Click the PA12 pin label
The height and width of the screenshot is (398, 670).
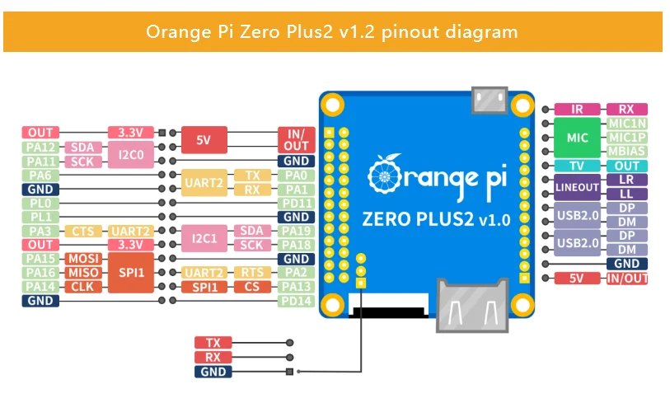(40, 147)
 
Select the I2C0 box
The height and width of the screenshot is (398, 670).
(130, 154)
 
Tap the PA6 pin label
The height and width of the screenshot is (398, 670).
(40, 175)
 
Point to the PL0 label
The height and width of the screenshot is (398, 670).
(40, 203)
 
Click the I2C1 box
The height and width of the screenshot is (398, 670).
(204, 238)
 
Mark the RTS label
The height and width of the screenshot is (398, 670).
(252, 273)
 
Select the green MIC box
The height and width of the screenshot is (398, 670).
(577, 138)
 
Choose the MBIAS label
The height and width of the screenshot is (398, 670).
(627, 152)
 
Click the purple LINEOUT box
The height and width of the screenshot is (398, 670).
(577, 187)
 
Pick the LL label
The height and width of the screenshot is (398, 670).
(627, 194)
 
